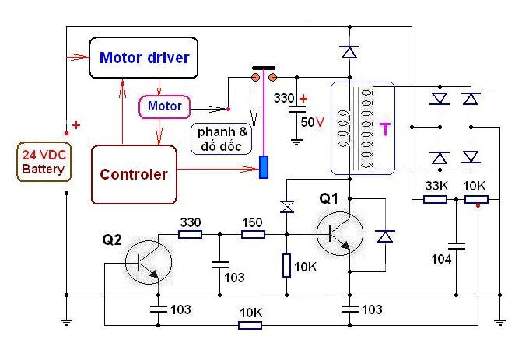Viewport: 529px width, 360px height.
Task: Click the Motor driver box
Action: (145, 58)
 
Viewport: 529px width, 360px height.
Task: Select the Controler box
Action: (133, 174)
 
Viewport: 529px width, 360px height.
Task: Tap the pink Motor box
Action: (164, 106)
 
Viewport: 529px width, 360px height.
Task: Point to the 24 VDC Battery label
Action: (44, 162)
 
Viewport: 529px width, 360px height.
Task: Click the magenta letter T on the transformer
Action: (384, 128)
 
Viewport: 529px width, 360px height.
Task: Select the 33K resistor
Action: (435, 199)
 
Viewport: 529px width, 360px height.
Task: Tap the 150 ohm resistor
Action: (253, 234)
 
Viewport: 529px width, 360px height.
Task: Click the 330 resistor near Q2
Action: (191, 234)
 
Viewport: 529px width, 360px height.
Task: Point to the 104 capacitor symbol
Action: (457, 246)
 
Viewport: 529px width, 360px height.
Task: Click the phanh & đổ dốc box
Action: (224, 138)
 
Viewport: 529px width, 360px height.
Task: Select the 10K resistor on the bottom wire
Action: (250, 323)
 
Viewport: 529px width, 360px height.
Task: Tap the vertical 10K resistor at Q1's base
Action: (287, 266)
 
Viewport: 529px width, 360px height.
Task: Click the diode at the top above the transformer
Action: (349, 52)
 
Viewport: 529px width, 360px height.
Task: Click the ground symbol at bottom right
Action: (499, 320)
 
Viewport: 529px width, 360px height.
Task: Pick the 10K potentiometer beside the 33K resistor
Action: (475, 199)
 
